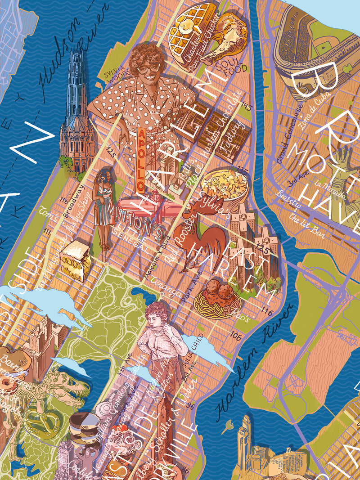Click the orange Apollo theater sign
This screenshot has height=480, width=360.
140,160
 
